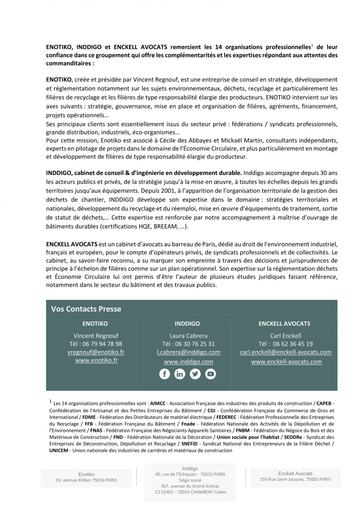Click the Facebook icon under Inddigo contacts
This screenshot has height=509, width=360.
pos(165,374)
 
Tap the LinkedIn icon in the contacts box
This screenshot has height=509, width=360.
pos(179,374)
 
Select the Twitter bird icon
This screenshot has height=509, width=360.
pos(195,374)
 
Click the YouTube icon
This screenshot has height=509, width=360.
pos(210,374)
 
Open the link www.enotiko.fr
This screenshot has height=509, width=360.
pos(96,360)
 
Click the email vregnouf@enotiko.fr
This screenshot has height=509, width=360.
pos(96,352)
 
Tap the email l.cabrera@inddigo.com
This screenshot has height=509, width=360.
pos(188,352)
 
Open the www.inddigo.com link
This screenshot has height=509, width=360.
pos(188,361)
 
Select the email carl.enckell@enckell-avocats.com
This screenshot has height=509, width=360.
pos(285,352)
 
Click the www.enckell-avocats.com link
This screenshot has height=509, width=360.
pos(286,361)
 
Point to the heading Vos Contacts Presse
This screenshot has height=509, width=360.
pos(86,309)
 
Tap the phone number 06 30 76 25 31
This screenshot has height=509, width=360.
pos(196,344)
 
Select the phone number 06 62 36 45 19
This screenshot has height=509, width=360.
pos(293,344)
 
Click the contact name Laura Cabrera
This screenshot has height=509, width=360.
pos(188,336)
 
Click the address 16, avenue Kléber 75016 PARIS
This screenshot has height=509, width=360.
pos(86,480)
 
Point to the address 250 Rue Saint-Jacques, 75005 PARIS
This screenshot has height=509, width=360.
pos(295,479)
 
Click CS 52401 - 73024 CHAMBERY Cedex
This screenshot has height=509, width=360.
pos(190,492)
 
